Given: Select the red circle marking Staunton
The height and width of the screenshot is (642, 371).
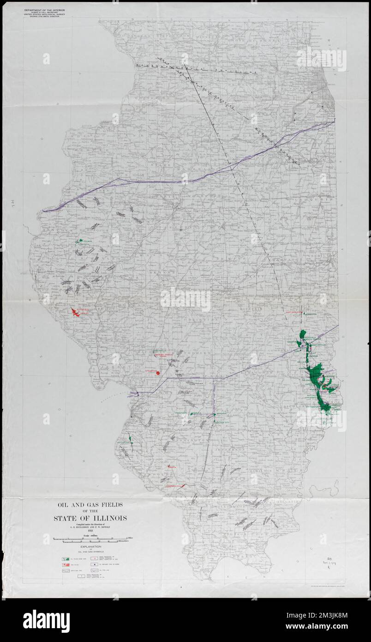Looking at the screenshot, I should click(x=158, y=373).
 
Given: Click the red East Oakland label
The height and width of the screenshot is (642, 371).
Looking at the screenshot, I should click(x=293, y=312).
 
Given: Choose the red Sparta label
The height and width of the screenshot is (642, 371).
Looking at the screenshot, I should click(x=173, y=467).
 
